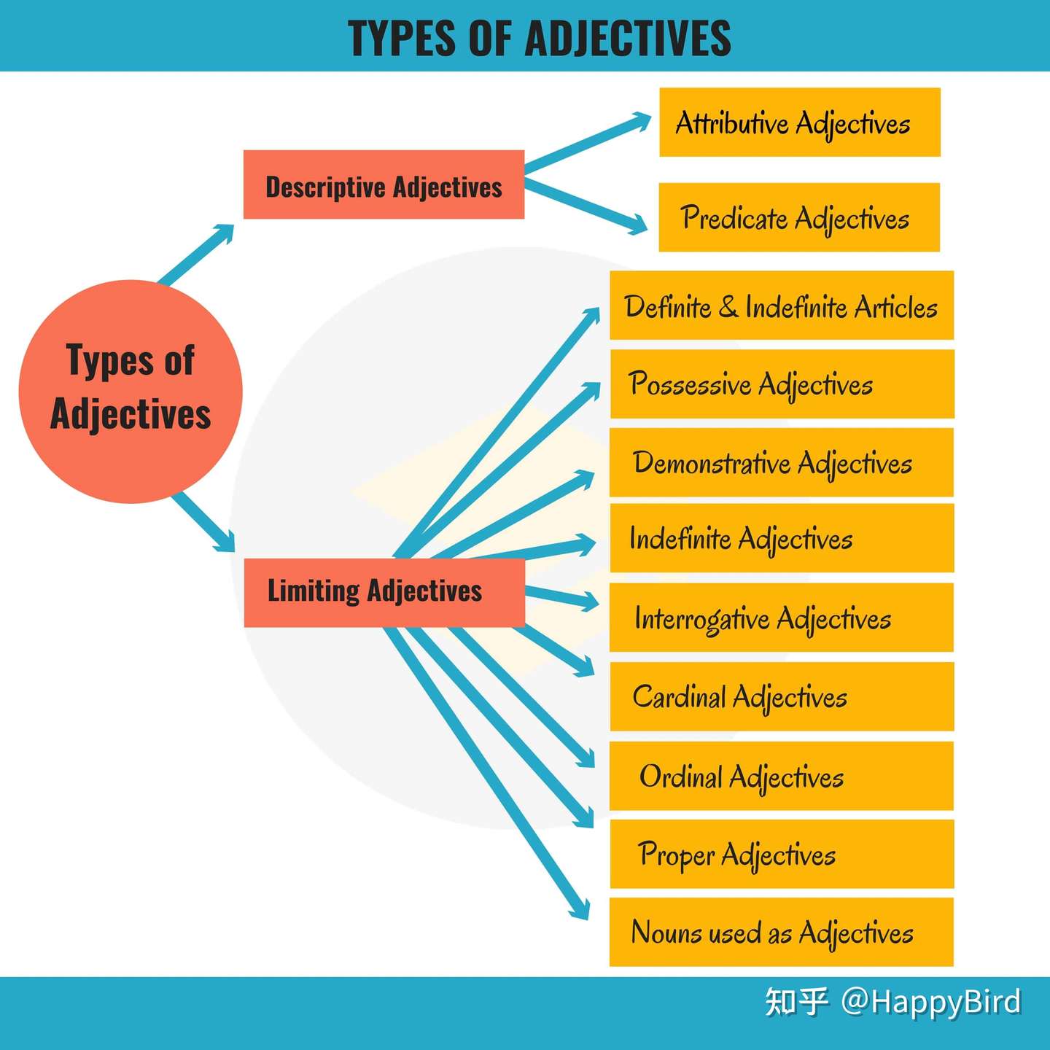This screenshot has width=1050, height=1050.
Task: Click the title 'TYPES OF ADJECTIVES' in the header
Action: [540, 38]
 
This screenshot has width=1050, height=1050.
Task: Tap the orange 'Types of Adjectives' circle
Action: [131, 392]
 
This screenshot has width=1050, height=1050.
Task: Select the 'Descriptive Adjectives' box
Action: [384, 185]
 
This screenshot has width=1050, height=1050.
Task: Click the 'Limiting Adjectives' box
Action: [384, 592]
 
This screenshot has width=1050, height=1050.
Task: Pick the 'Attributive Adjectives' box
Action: [799, 122]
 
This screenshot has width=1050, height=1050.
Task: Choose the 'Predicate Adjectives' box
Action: [799, 217]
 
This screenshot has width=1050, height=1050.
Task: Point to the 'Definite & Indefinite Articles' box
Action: [781, 306]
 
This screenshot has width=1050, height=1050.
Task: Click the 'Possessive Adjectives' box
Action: [782, 384]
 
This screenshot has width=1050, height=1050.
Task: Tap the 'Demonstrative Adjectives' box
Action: [781, 462]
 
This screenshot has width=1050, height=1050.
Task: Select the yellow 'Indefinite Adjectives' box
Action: [781, 538]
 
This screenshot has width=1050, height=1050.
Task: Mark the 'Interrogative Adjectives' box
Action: [781, 618]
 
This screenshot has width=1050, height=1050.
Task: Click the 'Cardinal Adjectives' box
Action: [781, 696]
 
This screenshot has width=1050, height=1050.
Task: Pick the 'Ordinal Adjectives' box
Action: [781, 776]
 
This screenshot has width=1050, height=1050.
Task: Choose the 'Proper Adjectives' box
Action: [781, 854]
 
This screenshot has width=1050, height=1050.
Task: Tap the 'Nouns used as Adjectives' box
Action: [781, 933]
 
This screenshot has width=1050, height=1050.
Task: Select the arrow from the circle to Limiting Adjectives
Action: [204, 521]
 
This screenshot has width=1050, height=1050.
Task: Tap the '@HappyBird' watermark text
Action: [930, 1002]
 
